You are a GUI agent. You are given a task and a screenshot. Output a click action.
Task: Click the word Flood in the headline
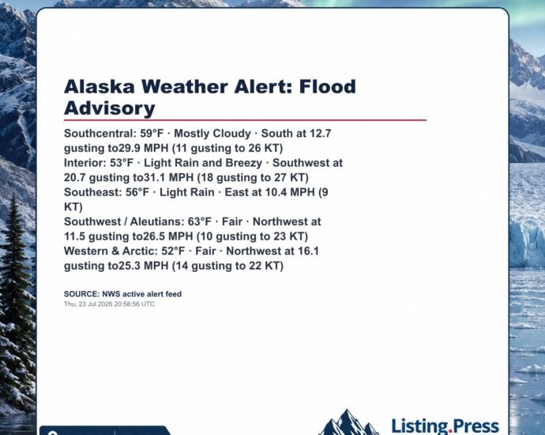328,86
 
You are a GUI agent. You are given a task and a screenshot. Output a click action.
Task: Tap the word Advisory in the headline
110,108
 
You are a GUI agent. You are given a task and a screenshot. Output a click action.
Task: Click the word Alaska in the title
99,86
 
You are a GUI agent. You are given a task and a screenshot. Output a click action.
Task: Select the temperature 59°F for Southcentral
152,134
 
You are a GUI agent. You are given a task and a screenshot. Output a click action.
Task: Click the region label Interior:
85,163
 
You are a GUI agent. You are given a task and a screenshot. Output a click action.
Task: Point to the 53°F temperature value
122,163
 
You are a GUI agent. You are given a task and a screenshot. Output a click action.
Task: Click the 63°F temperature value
200,221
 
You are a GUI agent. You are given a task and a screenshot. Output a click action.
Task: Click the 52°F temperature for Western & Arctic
173,251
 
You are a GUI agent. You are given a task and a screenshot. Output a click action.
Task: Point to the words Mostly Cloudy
212,134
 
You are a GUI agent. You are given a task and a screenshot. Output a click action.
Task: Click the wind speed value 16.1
307,251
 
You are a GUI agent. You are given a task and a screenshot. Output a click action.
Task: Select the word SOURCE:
81,294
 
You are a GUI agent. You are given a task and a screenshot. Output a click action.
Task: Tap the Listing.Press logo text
445,426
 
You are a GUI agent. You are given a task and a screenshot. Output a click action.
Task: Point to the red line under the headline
245,120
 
